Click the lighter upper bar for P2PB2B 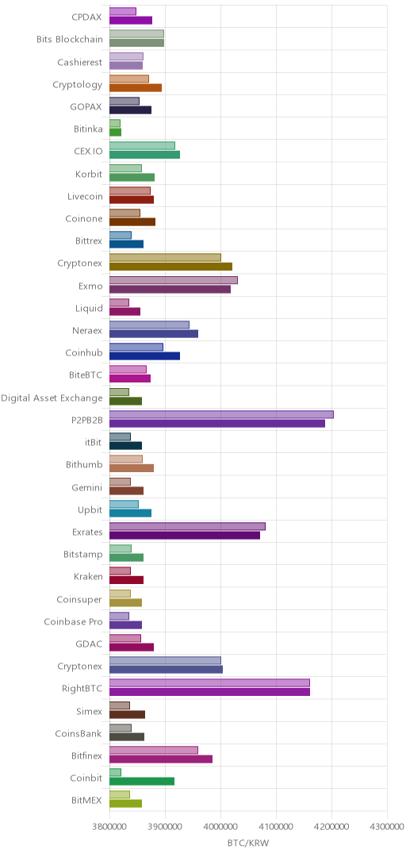(x=221, y=414)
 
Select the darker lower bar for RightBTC (x=209, y=692)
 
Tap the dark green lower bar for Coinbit (x=141, y=782)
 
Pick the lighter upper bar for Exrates (x=187, y=526)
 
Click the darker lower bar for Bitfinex (x=161, y=759)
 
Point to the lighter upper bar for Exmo (x=173, y=280)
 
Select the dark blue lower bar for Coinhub (x=144, y=356)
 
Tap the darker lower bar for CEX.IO (x=144, y=155)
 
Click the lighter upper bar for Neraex (x=149, y=325)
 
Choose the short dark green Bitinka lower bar (x=115, y=133)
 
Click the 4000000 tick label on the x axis (x=220, y=826)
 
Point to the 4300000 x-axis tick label (x=387, y=826)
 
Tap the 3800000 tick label (x=109, y=826)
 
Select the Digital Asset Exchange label (x=52, y=398)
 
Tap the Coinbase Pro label (x=73, y=622)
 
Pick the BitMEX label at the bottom (x=87, y=801)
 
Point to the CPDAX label (x=87, y=17)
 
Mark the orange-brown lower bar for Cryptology (x=136, y=87)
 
